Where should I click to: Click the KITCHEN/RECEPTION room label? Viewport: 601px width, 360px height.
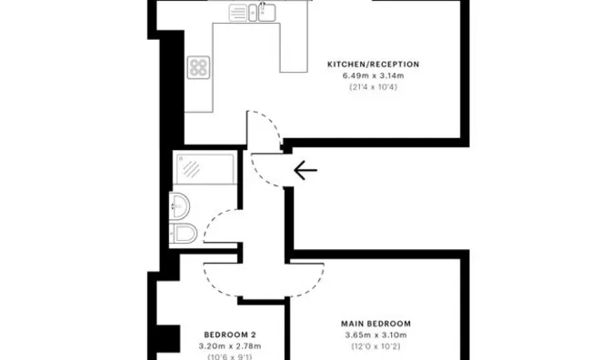tap(373, 65)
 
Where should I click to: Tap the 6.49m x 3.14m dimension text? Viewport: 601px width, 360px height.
tap(373, 75)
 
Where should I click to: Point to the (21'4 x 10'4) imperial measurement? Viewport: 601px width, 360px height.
tap(373, 87)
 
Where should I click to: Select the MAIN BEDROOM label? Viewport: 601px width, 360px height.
tap(376, 324)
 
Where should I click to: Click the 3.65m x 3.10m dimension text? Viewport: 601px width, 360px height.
tap(376, 335)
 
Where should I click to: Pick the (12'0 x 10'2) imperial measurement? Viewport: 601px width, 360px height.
tap(376, 346)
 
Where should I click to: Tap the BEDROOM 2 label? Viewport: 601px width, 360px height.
tap(230, 335)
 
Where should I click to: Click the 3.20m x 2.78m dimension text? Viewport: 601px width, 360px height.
tap(230, 346)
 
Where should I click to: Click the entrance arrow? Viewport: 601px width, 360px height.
tap(306, 170)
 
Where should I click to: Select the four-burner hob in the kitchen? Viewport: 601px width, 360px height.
tap(198, 67)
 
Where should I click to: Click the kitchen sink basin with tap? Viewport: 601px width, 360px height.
tap(266, 12)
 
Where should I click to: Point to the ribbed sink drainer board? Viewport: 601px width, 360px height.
tap(238, 13)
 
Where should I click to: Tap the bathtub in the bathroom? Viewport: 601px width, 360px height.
tap(205, 168)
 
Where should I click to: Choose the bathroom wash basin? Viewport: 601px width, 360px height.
tap(179, 206)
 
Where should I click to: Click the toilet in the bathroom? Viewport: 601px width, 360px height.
tap(184, 233)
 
